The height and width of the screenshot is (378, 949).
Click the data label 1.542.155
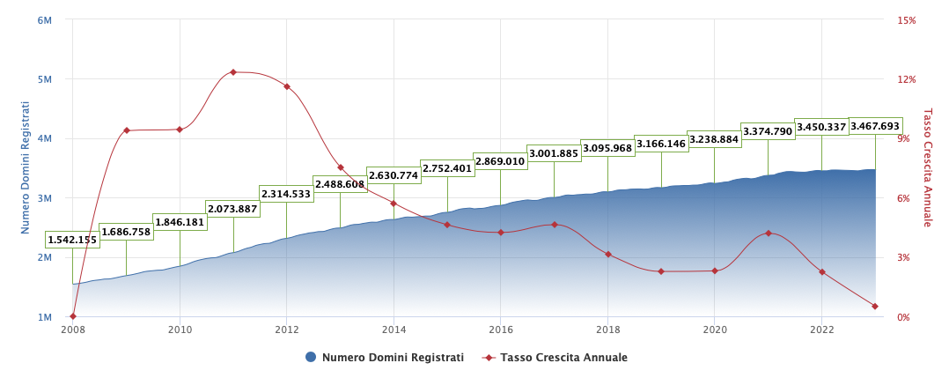click(x=72, y=240)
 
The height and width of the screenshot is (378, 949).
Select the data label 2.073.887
click(x=233, y=209)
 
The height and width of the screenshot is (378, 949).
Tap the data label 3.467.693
click(x=874, y=126)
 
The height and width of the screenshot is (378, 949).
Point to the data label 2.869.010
click(x=500, y=161)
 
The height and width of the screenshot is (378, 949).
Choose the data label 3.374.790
click(x=768, y=131)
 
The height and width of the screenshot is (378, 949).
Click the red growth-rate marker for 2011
click(x=233, y=72)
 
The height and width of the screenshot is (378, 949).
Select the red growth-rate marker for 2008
click(x=73, y=316)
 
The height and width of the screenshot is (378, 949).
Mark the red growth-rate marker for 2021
click(x=768, y=233)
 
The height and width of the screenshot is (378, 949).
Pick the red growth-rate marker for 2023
click(x=874, y=307)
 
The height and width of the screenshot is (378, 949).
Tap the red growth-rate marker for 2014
click(x=394, y=204)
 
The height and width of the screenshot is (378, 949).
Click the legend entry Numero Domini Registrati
click(x=385, y=358)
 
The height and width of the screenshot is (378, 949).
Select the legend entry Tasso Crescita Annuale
click(x=555, y=358)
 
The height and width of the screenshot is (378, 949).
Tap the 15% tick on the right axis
click(x=906, y=19)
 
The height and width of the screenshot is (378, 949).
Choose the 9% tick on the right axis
click(x=906, y=138)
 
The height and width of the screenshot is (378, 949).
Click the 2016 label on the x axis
click(x=500, y=330)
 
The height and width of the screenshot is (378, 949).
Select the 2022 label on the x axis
click(x=821, y=330)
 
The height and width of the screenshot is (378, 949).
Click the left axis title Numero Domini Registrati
click(x=26, y=167)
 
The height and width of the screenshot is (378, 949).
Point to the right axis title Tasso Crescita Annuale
click(x=927, y=167)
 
